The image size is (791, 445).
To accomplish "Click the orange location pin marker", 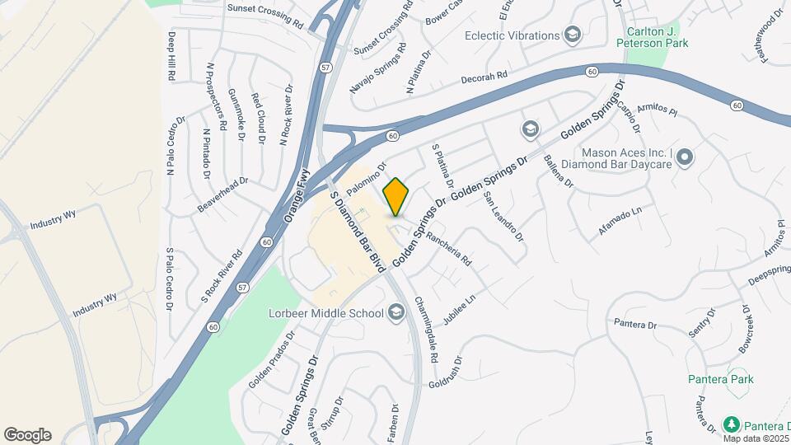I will pos(396,197).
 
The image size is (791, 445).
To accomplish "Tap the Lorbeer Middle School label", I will pos(325,313).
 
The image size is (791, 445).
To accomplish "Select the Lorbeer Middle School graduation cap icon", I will pos(396,312).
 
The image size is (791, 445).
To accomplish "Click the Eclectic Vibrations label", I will pos(511,35).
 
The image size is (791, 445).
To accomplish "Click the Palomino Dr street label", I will pos(367,179).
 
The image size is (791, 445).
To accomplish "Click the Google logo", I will pos(27,435).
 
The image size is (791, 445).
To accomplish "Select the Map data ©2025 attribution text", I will pos(752,437).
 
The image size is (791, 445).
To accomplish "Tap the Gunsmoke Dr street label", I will pos(236,115).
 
